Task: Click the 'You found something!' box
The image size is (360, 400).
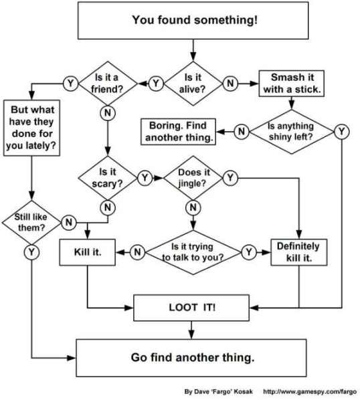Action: [193, 20]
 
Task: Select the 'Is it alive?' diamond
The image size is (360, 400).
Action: [193, 83]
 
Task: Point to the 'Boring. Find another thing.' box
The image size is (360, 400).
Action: [178, 131]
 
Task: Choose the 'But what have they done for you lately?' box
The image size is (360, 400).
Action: [31, 127]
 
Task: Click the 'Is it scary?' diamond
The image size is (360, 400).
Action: [107, 178]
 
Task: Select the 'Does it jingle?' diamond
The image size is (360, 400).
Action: [193, 178]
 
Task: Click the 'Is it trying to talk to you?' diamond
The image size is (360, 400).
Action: [193, 252]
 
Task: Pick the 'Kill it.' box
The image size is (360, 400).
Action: [88, 252]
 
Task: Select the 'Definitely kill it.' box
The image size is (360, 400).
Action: [298, 252]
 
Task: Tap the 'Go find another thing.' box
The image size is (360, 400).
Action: [193, 357]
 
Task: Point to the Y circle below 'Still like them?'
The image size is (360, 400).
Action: [31, 252]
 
